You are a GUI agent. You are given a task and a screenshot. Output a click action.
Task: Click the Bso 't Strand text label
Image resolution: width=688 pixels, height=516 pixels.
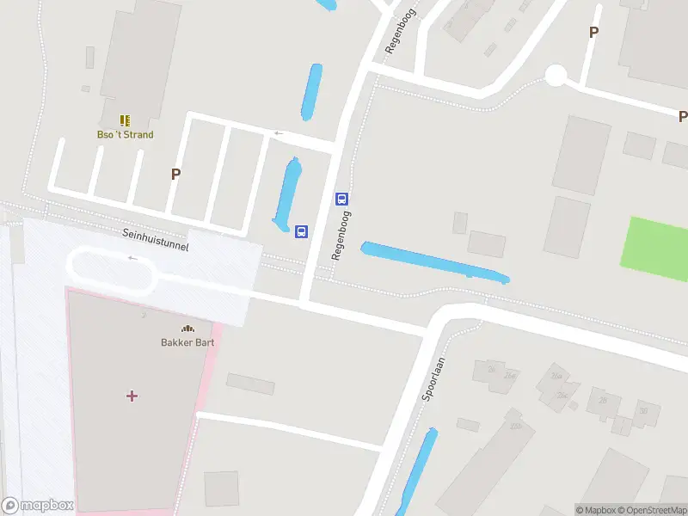(x=125, y=134)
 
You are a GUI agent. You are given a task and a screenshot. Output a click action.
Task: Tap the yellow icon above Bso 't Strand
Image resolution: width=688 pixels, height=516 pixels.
(x=125, y=120)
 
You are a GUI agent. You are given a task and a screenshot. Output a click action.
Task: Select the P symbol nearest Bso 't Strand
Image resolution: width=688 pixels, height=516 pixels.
(x=175, y=174)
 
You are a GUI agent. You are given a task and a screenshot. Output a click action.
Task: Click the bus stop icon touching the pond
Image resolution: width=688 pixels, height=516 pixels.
(x=302, y=231)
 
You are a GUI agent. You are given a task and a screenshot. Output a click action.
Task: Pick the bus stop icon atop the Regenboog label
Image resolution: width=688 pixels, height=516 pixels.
(x=341, y=199)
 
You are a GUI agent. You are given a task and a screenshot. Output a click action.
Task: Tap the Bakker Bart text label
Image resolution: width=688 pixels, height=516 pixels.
(x=187, y=341)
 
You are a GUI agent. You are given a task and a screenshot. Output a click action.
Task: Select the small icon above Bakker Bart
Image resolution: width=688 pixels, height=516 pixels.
(x=187, y=328)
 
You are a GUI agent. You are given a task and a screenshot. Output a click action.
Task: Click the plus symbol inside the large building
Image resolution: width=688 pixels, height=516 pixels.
(x=132, y=396)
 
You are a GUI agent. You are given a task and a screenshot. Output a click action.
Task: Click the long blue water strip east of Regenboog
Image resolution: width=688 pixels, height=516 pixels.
(x=434, y=262)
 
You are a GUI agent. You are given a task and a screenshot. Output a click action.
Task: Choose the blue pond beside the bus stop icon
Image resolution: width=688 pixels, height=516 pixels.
(x=288, y=193)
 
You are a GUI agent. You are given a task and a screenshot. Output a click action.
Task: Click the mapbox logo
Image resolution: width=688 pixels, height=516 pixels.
(x=38, y=505)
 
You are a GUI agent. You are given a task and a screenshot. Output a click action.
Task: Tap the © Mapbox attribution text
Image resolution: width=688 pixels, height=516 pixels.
(x=595, y=510)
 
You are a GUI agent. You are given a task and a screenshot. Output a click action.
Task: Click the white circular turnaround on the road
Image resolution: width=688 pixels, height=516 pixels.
(x=556, y=76)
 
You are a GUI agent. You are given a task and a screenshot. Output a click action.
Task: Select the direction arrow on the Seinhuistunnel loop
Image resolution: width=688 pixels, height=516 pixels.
(x=132, y=258)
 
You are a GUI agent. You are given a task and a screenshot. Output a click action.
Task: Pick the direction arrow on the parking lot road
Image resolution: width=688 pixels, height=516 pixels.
(x=278, y=133)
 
